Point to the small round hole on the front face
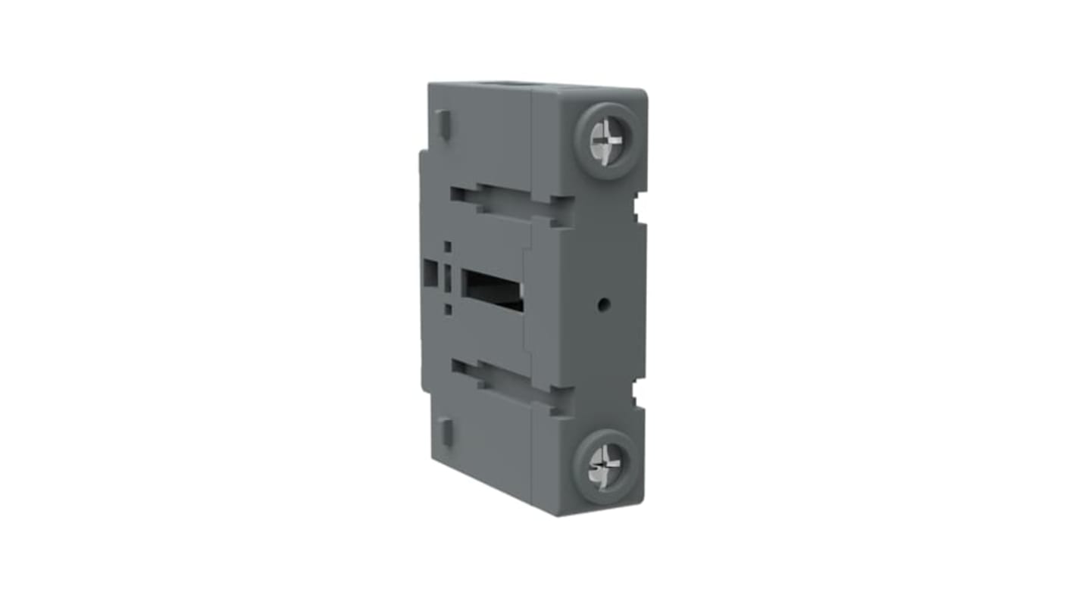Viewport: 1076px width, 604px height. [x=603, y=304]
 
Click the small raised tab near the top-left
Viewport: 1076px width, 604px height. [x=444, y=124]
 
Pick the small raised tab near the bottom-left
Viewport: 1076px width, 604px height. [x=446, y=431]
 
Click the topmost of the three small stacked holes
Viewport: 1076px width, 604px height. [x=447, y=247]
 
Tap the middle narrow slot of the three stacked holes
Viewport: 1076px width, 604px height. [x=447, y=279]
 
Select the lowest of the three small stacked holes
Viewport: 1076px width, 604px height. [x=448, y=309]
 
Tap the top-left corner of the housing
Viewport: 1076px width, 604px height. [x=430, y=85]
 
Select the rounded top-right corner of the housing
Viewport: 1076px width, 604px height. [x=643, y=93]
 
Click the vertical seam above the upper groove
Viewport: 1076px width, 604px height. [x=532, y=144]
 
